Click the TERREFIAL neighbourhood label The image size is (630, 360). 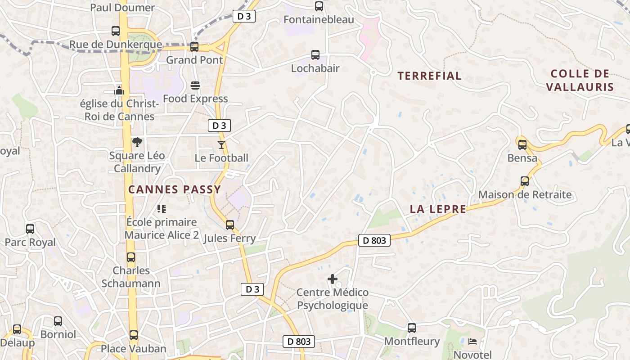pos(429,76)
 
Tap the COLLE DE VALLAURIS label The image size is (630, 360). pos(580,80)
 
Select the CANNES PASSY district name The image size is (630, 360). pos(175,189)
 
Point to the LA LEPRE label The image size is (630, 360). pos(438,209)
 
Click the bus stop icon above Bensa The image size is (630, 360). pos(522,145)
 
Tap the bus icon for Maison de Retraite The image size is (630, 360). pos(525,181)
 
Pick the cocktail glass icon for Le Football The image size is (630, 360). pos(221,144)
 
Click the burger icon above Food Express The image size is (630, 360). pos(195,85)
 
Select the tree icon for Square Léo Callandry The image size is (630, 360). pos(137,143)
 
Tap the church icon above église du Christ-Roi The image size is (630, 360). pos(119,90)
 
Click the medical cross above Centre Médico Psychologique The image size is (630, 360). pos(333,279)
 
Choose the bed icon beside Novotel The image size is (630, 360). pos(472,341)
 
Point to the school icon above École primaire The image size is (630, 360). pos(162,208)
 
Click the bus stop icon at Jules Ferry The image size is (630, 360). pos(230,225)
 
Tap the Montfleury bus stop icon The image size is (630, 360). pos(412,328)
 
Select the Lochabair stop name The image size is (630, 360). pos(315,68)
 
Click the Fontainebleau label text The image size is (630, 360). pos(319,20)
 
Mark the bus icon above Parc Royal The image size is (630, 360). pos(30,229)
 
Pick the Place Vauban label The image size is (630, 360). pos(133,349)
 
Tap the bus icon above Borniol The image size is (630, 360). pos(58,321)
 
